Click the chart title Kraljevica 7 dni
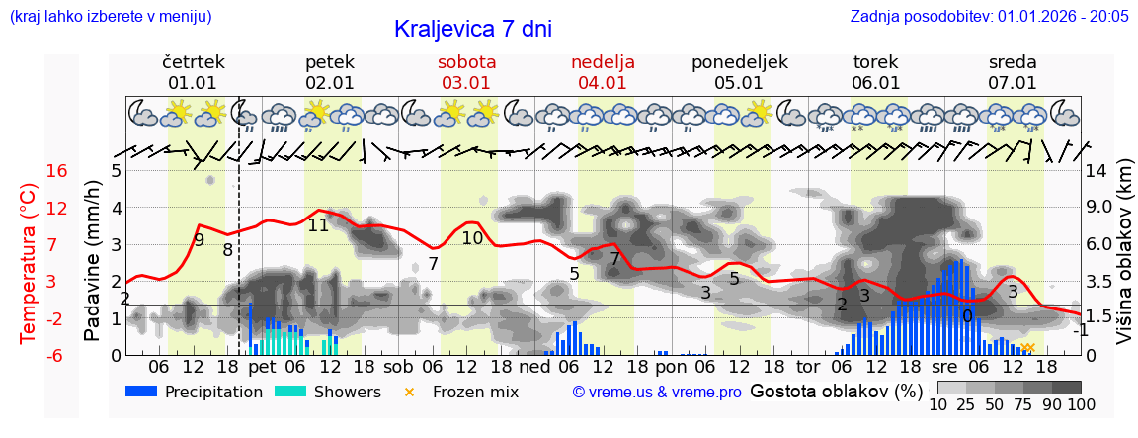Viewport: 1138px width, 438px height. (472, 29)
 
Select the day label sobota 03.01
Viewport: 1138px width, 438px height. (466, 72)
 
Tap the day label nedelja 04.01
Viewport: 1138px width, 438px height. (603, 72)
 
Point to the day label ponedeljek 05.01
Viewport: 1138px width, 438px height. (739, 72)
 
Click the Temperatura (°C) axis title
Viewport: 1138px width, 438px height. (29, 263)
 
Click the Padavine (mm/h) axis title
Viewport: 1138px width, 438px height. (92, 261)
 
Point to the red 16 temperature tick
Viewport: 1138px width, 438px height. (57, 171)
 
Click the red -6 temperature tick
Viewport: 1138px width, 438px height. (57, 355)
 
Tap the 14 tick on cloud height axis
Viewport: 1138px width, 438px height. (1098, 171)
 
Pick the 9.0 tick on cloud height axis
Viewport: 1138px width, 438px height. (1100, 208)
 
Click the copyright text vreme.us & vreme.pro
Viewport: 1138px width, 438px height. (657, 392)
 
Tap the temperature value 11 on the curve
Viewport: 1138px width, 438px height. (318, 225)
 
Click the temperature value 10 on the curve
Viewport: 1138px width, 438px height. (472, 238)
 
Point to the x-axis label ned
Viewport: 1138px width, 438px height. (534, 366)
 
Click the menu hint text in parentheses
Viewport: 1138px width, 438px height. (110, 16)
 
